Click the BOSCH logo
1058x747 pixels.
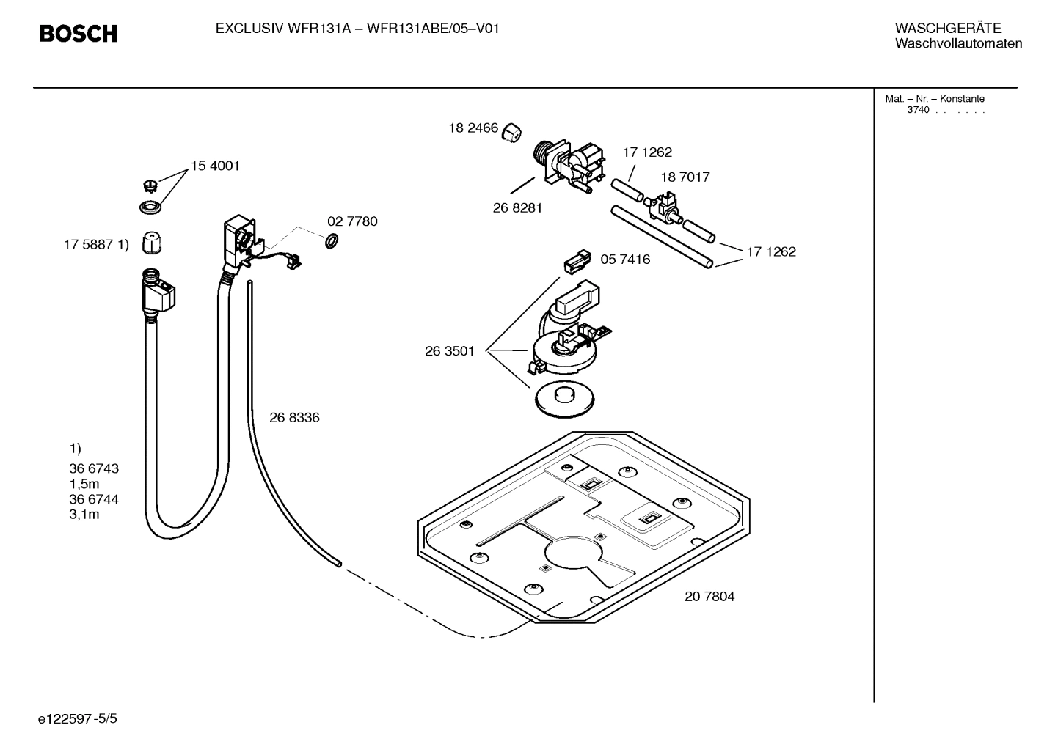(x=78, y=34)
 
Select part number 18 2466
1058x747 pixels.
(x=473, y=128)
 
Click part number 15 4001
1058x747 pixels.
(x=215, y=166)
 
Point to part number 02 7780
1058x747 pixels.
(x=352, y=221)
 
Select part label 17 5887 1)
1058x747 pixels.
(x=96, y=245)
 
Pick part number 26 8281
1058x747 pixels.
(x=517, y=208)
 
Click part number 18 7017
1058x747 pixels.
(x=685, y=177)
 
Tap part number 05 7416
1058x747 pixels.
(x=625, y=260)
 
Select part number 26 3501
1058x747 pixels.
(x=450, y=351)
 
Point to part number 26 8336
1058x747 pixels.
(x=294, y=418)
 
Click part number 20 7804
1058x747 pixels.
(x=709, y=597)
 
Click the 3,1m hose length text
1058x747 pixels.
(x=84, y=515)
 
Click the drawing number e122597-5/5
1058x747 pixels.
(x=78, y=719)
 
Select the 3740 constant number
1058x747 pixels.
(x=918, y=111)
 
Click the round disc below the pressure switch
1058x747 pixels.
(x=564, y=399)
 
